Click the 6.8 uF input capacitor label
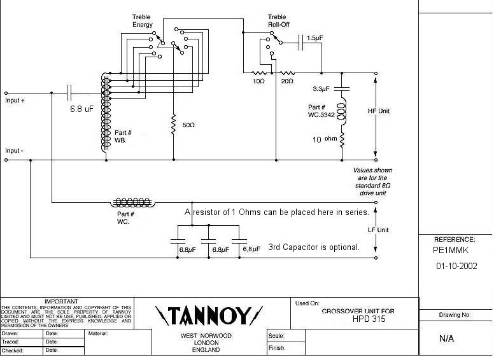81,109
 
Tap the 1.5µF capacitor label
314,39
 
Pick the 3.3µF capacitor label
322,88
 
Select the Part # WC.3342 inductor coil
342,109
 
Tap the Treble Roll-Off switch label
278,20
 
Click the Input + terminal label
17,100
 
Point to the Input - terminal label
17,151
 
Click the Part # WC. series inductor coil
133,202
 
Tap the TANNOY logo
209,314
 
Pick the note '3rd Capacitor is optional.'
314,247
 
